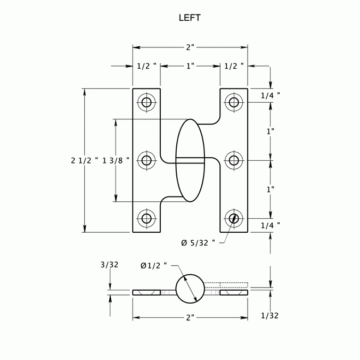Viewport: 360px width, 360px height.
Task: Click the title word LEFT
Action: (190, 18)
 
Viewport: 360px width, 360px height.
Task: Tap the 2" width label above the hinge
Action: (190, 47)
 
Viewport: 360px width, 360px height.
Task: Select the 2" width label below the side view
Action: (190, 318)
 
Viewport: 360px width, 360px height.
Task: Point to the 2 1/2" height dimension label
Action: (85, 160)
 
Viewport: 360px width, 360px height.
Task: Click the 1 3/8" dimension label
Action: (116, 160)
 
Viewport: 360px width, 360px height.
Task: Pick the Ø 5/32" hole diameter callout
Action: (198, 243)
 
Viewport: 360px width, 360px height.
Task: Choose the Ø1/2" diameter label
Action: (153, 265)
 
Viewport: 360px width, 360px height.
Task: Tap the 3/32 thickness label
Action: (109, 264)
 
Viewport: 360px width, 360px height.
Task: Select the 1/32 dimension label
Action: (270, 315)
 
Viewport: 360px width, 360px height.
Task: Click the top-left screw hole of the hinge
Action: (146, 102)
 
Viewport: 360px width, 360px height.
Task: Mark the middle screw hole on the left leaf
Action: (146, 160)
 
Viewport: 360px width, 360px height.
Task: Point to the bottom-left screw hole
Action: (146, 218)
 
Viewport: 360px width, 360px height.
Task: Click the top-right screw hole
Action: (234, 102)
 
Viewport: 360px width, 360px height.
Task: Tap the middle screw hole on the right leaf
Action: (234, 160)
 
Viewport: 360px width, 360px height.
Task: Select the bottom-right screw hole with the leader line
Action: (234, 218)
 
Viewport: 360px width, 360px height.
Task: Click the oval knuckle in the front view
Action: (190, 160)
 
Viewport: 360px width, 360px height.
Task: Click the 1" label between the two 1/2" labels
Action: (190, 66)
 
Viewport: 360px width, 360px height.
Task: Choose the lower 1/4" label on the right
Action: (271, 225)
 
